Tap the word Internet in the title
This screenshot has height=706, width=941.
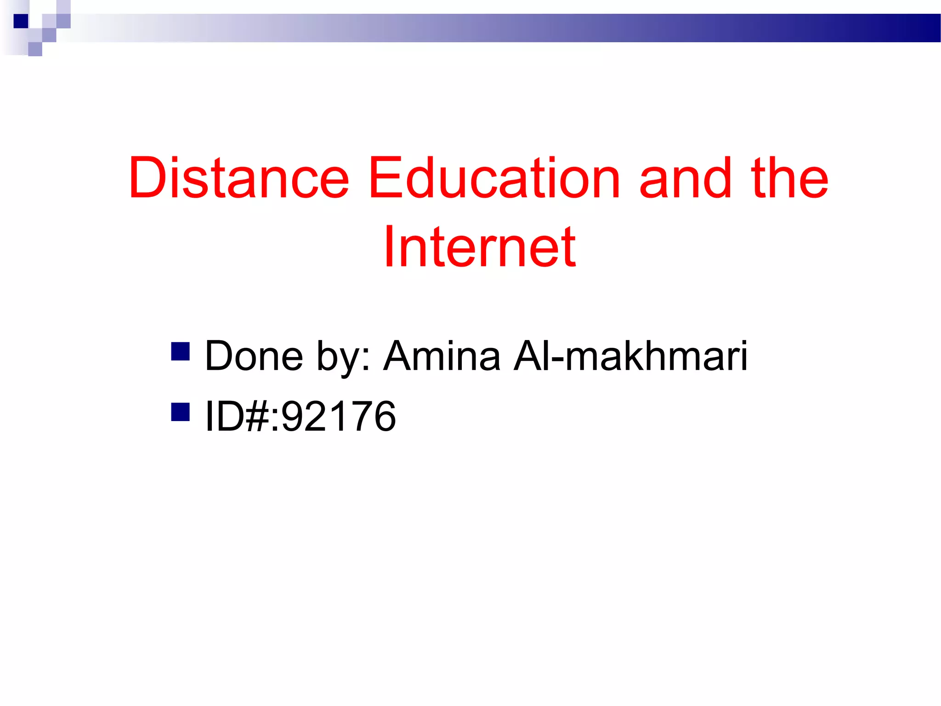coord(480,247)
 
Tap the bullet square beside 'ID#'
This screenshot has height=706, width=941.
coord(180,412)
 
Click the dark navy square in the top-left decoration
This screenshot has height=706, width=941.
coord(21,21)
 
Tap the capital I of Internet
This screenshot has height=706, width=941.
coord(389,247)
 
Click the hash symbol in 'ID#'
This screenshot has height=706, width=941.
coord(257,416)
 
